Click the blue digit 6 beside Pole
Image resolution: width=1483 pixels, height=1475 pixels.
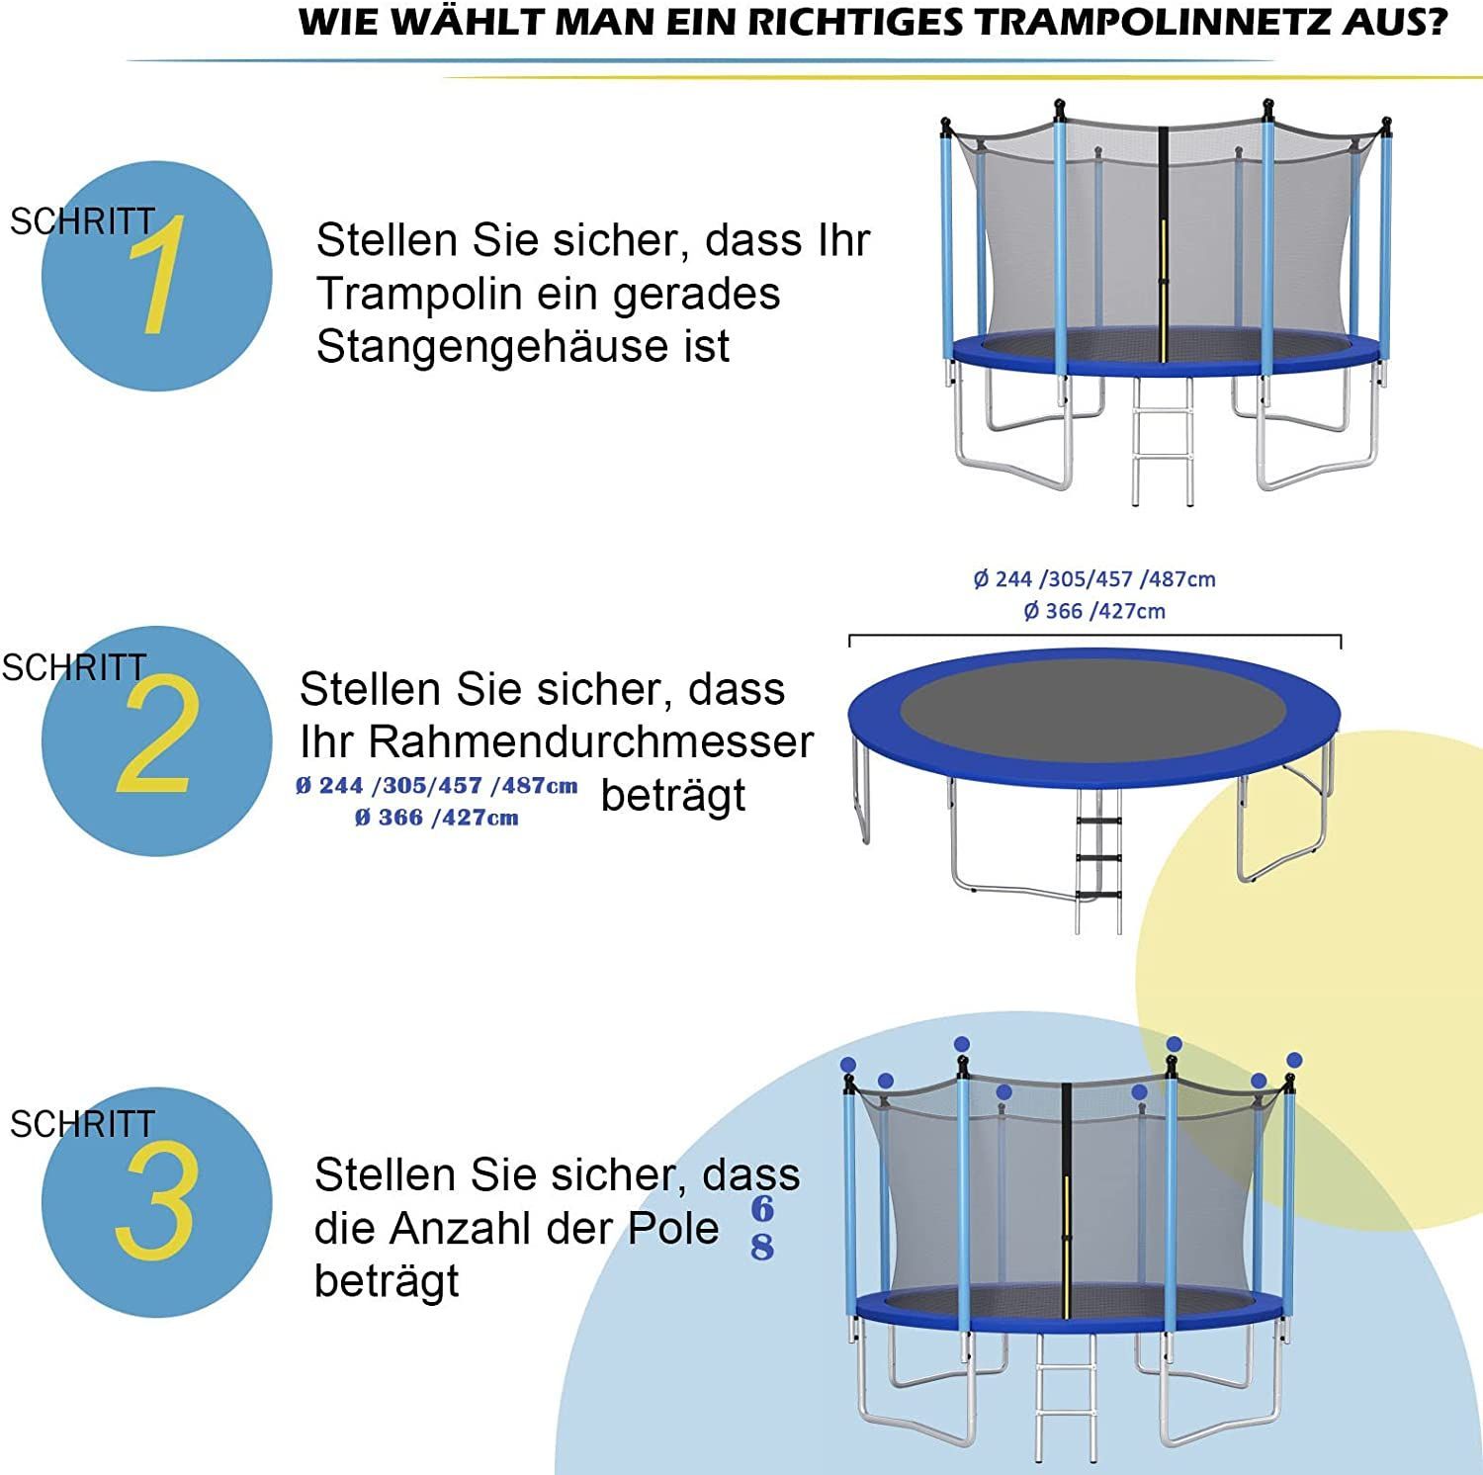click(761, 1208)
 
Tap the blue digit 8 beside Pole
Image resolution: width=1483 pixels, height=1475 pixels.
click(761, 1247)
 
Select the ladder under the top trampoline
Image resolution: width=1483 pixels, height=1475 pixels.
click(1162, 440)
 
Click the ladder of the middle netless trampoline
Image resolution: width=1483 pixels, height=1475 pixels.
click(1098, 860)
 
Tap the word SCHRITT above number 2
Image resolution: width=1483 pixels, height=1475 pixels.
click(74, 668)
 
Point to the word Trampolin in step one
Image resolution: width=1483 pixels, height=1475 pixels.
click(418, 295)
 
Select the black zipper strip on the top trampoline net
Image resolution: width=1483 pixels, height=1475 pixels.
click(1163, 242)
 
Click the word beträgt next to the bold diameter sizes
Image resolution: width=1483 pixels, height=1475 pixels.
click(673, 795)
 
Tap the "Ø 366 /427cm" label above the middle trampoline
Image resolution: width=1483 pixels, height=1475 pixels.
click(1094, 611)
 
